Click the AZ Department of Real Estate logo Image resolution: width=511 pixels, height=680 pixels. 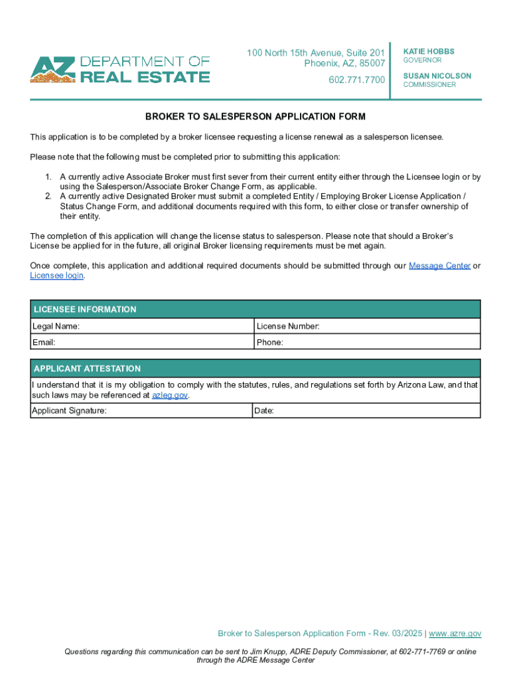119,69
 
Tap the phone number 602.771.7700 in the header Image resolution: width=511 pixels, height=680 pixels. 356,80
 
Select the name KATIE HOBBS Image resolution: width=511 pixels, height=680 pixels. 429,51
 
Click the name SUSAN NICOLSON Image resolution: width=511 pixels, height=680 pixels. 437,76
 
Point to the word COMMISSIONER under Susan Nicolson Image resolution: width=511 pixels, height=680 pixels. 429,85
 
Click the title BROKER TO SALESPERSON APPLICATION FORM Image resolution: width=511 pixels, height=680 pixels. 256,117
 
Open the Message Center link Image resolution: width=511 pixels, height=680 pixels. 439,266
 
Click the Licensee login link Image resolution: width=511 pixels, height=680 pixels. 56,275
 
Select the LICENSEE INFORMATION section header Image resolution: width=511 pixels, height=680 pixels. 85,309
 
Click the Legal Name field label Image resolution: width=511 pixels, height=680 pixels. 56,326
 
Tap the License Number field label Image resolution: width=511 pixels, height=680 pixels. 288,326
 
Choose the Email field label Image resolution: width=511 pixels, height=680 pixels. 44,343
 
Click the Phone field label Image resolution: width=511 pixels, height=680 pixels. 270,343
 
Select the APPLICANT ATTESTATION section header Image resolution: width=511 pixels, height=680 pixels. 87,369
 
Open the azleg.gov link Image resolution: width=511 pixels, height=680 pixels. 170,395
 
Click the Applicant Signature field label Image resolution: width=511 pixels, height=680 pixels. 69,411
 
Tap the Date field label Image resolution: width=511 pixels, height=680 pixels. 264,411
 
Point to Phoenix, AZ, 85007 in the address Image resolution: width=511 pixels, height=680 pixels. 344,63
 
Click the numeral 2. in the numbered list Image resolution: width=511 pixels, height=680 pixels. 48,197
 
